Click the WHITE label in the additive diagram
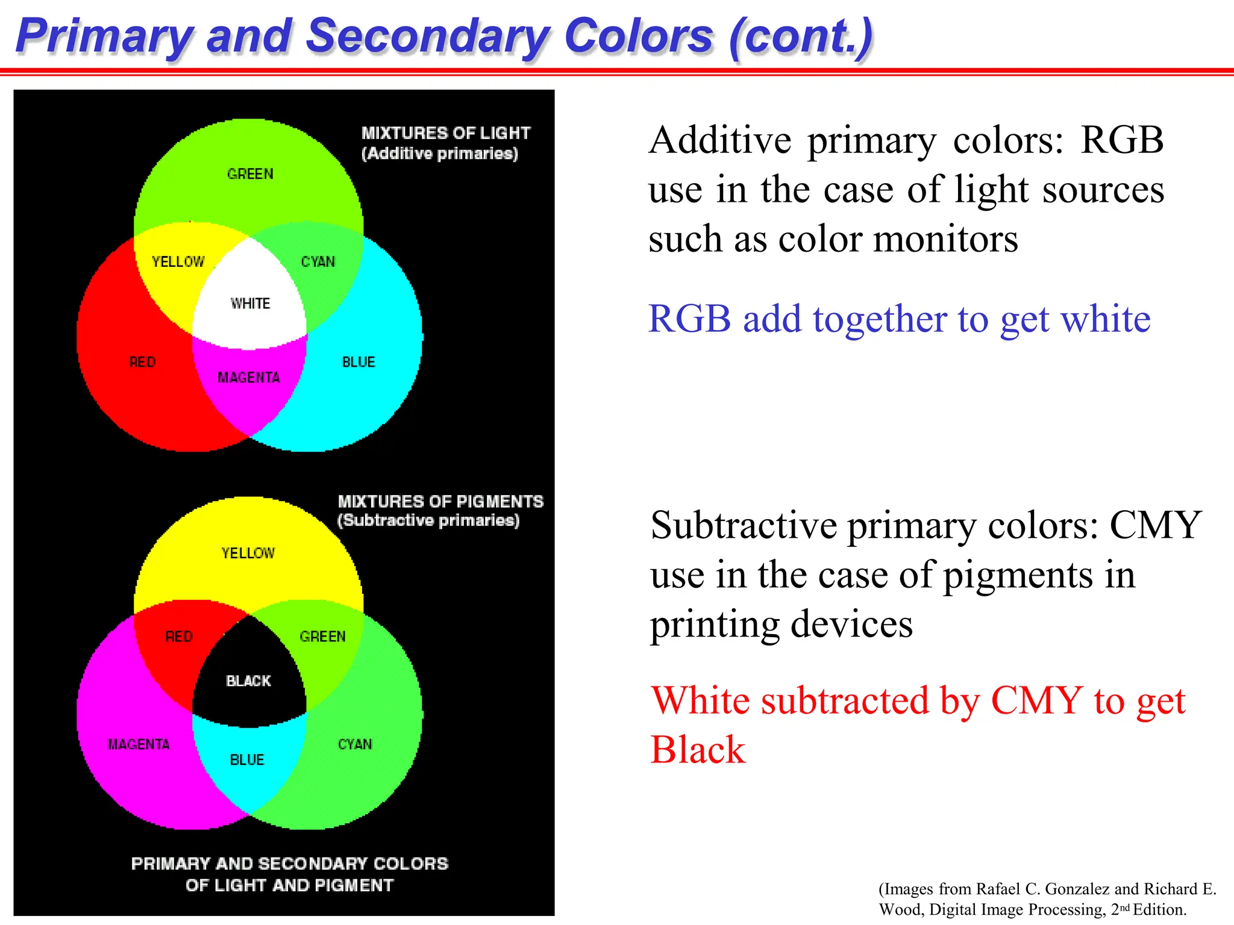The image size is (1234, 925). [x=250, y=304]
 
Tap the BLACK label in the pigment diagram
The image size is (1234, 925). [x=248, y=681]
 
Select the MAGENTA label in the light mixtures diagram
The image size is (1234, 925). [x=248, y=378]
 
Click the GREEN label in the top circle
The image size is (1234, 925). [x=250, y=174]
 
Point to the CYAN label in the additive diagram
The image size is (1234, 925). [x=318, y=262]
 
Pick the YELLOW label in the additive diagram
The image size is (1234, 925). [x=178, y=262]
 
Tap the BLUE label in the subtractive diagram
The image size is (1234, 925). [x=247, y=760]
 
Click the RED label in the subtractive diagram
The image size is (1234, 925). [x=179, y=637]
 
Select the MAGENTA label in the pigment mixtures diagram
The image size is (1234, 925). [x=139, y=745]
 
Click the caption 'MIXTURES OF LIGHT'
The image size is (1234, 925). [x=446, y=133]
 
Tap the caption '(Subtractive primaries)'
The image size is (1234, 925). [x=428, y=520]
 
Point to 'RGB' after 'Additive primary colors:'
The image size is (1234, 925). [x=1121, y=140]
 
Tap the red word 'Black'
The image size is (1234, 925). [x=698, y=750]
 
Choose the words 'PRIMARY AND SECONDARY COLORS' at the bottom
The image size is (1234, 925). [x=290, y=864]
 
